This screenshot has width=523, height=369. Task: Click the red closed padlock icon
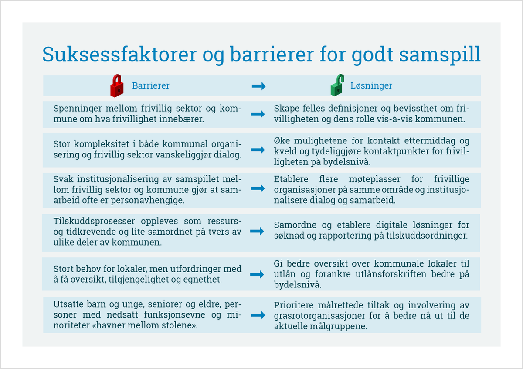(117, 85)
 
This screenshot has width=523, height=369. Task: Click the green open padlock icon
(336, 85)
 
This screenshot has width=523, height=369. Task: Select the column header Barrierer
(151, 86)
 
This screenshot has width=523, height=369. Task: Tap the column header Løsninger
(371, 86)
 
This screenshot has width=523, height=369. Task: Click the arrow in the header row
(258, 86)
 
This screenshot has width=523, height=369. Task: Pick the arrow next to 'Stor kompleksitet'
(258, 150)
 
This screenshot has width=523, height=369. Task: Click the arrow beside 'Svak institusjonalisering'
(258, 188)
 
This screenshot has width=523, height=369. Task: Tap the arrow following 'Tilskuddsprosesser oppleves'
(258, 231)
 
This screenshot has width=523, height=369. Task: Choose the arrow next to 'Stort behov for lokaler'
(258, 274)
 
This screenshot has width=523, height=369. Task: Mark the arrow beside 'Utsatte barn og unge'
(258, 315)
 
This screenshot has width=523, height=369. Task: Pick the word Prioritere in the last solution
(292, 305)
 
